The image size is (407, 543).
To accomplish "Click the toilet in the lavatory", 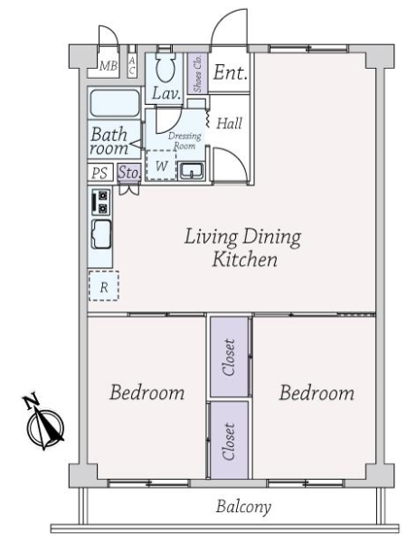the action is pyautogui.click(x=166, y=67).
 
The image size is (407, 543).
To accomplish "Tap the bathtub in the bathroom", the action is pyautogui.click(x=115, y=103).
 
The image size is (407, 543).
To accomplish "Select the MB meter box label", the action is pyautogui.click(x=109, y=66).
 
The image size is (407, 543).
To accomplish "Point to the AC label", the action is pyautogui.click(x=131, y=66).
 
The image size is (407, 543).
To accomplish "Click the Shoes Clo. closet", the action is pyautogui.click(x=197, y=73).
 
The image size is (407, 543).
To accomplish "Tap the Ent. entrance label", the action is pyautogui.click(x=230, y=72).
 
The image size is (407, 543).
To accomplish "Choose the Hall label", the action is pyautogui.click(x=229, y=123).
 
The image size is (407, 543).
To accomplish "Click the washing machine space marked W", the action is pyautogui.click(x=161, y=166).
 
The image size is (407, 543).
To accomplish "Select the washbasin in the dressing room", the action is pyautogui.click(x=192, y=171).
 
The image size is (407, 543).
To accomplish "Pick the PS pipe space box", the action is pyautogui.click(x=100, y=173).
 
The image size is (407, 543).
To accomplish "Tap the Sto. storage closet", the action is pyautogui.click(x=129, y=172).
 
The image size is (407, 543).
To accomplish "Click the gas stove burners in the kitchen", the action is pyautogui.click(x=101, y=202).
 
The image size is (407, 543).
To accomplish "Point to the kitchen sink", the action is pyautogui.click(x=101, y=234).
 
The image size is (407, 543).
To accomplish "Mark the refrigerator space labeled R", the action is pyautogui.click(x=104, y=286).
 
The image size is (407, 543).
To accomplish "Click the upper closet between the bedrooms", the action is pyautogui.click(x=230, y=357).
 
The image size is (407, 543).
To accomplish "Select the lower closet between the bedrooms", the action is pyautogui.click(x=230, y=441).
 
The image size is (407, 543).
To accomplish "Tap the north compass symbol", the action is pyautogui.click(x=44, y=422).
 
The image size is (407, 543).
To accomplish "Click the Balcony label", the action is pyautogui.click(x=243, y=508).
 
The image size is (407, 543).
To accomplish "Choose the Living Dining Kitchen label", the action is pyautogui.click(x=243, y=248).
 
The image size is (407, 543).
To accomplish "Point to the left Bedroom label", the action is pyautogui.click(x=147, y=393).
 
